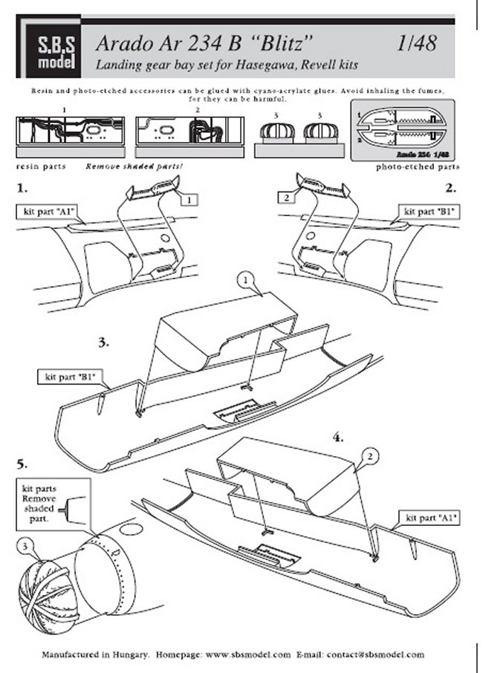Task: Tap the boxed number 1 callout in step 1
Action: click(190, 199)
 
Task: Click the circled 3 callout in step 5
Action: click(27, 549)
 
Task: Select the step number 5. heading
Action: click(22, 464)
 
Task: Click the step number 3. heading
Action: click(104, 342)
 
